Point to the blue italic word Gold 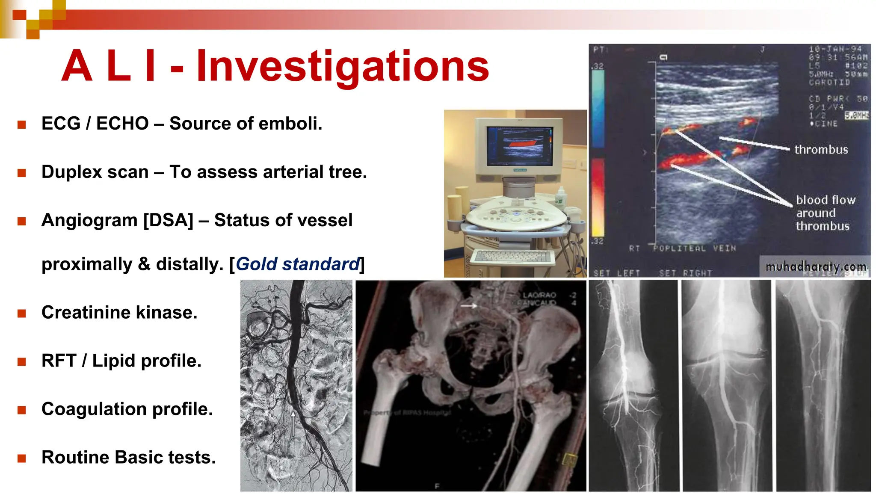257,264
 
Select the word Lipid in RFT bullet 114,361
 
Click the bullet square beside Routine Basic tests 22,459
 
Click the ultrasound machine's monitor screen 519,146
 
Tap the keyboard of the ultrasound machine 512,257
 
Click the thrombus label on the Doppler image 821,150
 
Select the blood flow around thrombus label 824,213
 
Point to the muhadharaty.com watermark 816,267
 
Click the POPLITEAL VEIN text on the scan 694,248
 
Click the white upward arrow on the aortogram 293,423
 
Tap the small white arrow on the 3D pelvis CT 469,306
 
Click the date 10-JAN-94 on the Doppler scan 835,49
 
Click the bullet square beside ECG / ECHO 22,125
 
